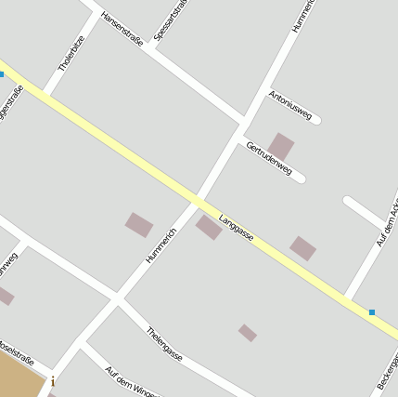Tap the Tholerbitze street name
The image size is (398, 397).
(x=71, y=54)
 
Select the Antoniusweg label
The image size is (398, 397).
(x=290, y=106)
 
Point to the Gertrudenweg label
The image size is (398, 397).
(x=270, y=157)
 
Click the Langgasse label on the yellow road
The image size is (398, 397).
(x=237, y=229)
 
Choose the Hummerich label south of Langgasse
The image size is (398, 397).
(x=160, y=245)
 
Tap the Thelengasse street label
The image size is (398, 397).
(x=164, y=343)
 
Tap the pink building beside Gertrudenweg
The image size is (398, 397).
(x=281, y=145)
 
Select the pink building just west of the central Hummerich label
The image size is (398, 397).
(x=139, y=224)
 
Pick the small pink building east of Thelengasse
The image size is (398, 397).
(x=247, y=332)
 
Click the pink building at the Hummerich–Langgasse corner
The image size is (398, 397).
(x=209, y=226)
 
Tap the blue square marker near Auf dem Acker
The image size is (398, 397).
(x=372, y=312)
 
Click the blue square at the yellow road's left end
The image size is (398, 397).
(x=2, y=74)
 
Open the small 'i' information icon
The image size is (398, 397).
(x=53, y=381)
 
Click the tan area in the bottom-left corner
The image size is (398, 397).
(x=19, y=379)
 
